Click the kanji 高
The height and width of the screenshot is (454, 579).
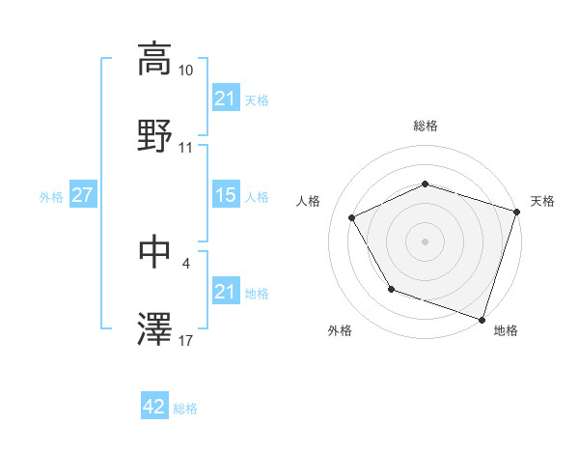coord(154,59)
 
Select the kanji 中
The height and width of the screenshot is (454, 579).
coord(154,252)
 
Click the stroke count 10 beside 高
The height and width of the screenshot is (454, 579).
coord(186,71)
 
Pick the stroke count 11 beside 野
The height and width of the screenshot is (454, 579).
coord(186,148)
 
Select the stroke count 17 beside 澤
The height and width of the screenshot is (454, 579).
coord(186,341)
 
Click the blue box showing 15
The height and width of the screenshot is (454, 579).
coord(225,195)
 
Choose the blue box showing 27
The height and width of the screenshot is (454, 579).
coord(82,195)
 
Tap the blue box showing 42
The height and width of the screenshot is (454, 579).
coord(153,407)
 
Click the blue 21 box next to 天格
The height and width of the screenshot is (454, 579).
coord(225,99)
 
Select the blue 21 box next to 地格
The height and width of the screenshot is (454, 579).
coord(225,292)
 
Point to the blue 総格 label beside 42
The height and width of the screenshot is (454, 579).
coord(185,409)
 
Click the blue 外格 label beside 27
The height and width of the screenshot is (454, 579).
coord(51,196)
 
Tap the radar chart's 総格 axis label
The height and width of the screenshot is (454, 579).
coord(426,127)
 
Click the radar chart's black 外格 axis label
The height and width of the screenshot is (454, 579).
coord(340,330)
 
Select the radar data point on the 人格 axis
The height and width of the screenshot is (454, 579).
coord(352,218)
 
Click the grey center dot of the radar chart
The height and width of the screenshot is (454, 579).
coord(426,241)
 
